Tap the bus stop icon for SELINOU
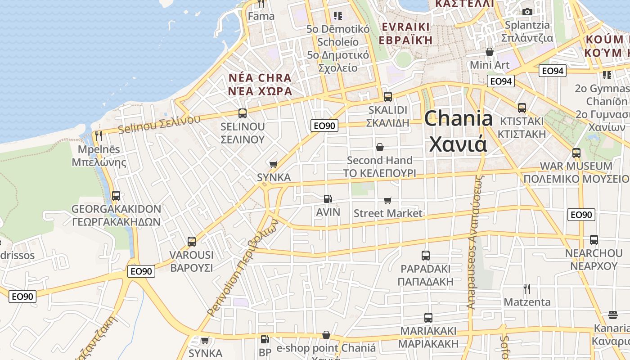(243, 113)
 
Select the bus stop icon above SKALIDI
(387, 97)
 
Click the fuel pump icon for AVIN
(328, 199)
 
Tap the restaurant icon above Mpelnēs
(99, 135)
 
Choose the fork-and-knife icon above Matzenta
(526, 288)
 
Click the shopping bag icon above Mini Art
(490, 52)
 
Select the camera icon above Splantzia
(527, 12)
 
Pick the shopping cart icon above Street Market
(387, 200)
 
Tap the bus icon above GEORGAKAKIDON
(116, 196)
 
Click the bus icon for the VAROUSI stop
(192, 242)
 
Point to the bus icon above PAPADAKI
(426, 256)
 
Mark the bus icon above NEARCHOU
(594, 240)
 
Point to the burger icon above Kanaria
(612, 315)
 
